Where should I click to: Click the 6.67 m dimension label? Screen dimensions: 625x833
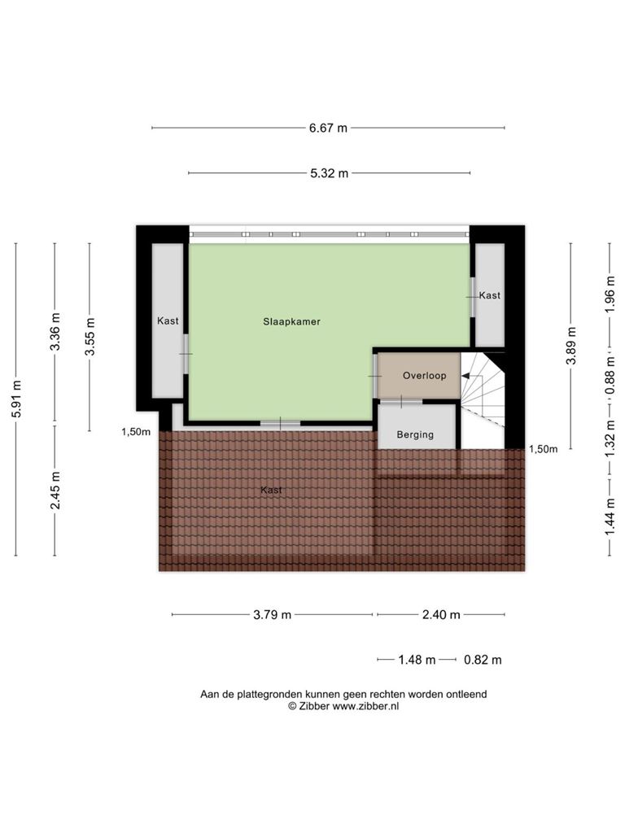click(x=328, y=128)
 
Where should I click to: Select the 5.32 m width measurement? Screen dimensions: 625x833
click(x=329, y=173)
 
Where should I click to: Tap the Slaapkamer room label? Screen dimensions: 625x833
click(x=292, y=321)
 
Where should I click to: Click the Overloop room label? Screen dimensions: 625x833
click(x=424, y=376)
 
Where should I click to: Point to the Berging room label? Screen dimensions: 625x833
click(x=415, y=434)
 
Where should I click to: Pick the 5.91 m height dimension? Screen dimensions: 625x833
click(x=16, y=399)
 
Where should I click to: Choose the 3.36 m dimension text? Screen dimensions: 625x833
click(x=55, y=332)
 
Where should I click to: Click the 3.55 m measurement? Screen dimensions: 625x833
click(x=90, y=337)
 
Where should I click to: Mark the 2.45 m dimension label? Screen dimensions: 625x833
click(x=55, y=491)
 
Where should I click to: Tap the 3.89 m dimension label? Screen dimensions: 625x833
click(x=571, y=346)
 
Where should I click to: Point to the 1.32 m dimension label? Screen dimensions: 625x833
click(x=610, y=438)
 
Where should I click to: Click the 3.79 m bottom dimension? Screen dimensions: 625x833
click(x=272, y=615)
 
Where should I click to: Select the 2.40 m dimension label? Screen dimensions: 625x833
click(x=441, y=615)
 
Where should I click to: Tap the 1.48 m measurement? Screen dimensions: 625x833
click(x=417, y=660)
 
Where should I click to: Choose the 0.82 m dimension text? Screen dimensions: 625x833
click(x=483, y=660)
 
